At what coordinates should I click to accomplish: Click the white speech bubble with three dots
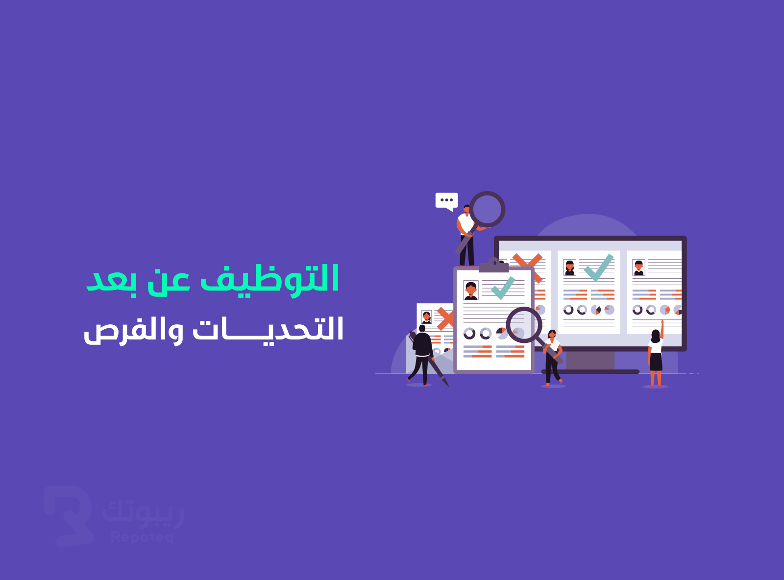pyautogui.click(x=446, y=201)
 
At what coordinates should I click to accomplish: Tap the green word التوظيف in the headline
pyautogui.click(x=270, y=281)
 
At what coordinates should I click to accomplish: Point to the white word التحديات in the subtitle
pyautogui.click(x=268, y=329)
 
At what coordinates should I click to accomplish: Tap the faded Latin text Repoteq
pyautogui.click(x=142, y=537)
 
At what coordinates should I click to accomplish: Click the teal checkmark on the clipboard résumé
pyautogui.click(x=503, y=288)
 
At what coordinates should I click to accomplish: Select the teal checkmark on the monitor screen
pyautogui.click(x=599, y=267)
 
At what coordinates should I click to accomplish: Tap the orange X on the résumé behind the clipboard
pyautogui.click(x=445, y=318)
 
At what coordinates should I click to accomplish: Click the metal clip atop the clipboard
pyautogui.click(x=494, y=265)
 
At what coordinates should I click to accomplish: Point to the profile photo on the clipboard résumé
pyautogui.click(x=471, y=290)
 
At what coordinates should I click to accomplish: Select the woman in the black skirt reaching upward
pyautogui.click(x=656, y=354)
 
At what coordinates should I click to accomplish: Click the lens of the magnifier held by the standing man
pyautogui.click(x=487, y=209)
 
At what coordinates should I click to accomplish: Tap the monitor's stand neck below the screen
pyautogui.click(x=590, y=360)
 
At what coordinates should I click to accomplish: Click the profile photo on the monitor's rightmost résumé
pyautogui.click(x=639, y=267)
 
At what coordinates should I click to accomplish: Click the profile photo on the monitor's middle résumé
pyautogui.click(x=570, y=267)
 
